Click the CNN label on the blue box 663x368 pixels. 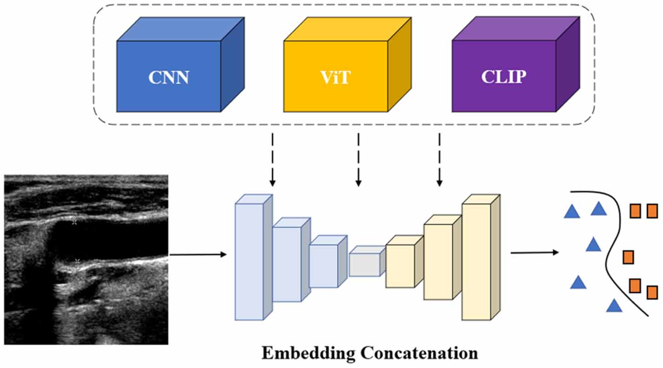point(168,77)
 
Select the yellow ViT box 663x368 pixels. point(335,76)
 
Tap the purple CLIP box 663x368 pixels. point(503,76)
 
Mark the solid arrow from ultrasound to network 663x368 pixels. point(198,254)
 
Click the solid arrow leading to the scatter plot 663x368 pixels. point(534,253)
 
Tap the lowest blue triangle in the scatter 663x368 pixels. point(614,306)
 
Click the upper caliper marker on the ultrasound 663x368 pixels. point(74,223)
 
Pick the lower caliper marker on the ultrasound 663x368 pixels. point(78,260)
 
